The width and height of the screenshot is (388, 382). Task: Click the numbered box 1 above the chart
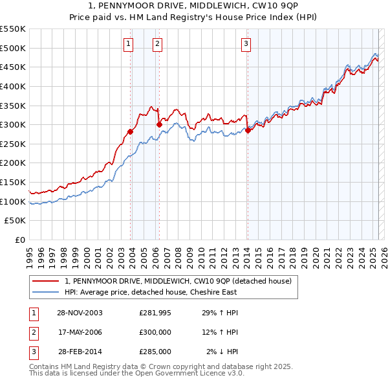(128, 44)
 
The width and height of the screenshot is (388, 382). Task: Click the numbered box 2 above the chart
(157, 44)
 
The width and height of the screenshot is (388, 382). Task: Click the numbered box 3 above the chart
(246, 44)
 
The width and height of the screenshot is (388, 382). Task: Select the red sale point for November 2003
(130, 131)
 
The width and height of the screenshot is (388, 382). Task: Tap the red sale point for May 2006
(159, 124)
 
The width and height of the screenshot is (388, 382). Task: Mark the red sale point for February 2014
(248, 130)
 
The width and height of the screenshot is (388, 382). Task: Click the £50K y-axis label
(16, 221)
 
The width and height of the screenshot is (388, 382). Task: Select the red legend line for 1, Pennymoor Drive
(46, 281)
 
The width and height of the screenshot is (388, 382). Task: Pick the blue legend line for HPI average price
(46, 292)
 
